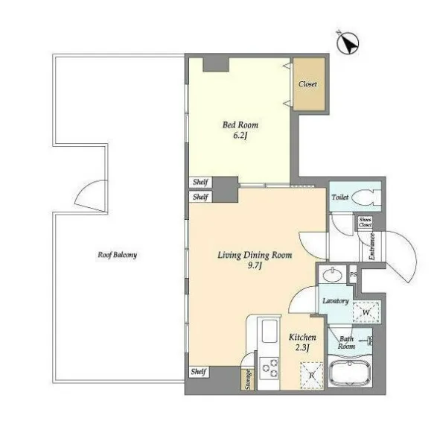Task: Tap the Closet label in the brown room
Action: point(307,84)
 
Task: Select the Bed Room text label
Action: point(240,124)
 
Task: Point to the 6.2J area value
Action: point(240,136)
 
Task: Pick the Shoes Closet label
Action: point(365,222)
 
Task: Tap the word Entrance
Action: point(371,247)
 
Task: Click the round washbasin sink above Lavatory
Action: point(333,275)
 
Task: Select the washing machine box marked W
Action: point(366,312)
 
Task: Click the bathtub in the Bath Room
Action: point(350,373)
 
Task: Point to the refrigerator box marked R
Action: point(312,376)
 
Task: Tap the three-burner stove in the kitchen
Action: point(269,368)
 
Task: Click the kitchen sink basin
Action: point(269,331)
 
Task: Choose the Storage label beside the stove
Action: point(247,379)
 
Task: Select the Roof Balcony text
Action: point(118,255)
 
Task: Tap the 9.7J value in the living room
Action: point(255,265)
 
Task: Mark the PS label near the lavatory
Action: point(353,274)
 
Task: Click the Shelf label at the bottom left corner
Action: point(199,372)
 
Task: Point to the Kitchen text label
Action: point(302,338)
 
